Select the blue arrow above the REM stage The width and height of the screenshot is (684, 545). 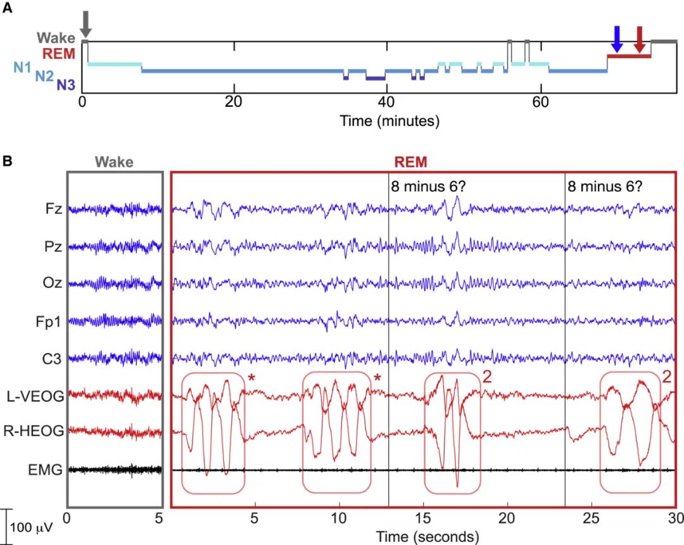(617, 39)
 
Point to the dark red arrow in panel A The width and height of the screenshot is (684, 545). (640, 39)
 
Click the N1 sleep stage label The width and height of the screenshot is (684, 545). (22, 65)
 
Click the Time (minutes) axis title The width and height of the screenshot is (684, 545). (389, 119)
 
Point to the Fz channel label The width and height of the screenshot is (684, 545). (53, 209)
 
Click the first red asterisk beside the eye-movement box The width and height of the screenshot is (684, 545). (251, 379)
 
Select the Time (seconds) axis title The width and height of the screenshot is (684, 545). (427, 537)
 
